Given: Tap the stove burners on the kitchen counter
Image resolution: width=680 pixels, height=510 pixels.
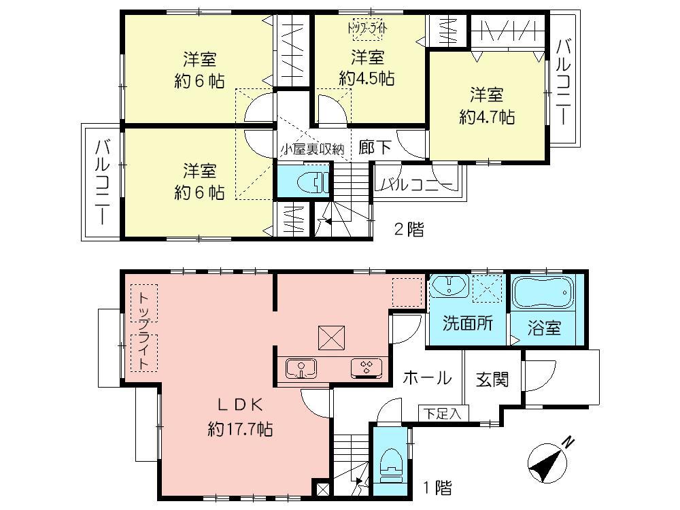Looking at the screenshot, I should coord(366,369).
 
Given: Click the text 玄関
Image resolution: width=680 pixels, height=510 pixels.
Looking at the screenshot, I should coord(492,379).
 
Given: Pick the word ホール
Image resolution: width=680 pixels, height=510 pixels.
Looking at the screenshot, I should coord(426,377).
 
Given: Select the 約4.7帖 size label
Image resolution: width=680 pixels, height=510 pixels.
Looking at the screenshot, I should coord(486,117).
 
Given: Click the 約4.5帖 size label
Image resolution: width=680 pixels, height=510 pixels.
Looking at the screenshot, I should coord(367,78).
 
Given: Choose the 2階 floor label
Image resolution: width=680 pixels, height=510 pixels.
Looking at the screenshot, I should coord(409,230).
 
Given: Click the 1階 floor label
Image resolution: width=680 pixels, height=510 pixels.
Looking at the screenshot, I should coord(436,488).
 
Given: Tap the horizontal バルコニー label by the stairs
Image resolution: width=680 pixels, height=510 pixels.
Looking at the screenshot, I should coord(416,184).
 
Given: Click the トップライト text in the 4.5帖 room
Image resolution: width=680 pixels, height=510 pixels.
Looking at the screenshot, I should coord(367,28).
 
